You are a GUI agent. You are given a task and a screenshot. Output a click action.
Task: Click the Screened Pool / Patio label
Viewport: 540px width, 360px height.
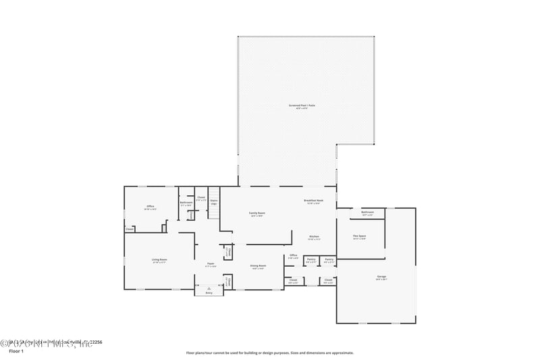click(x=302, y=105)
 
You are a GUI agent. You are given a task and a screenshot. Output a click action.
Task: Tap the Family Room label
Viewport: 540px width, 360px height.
click(x=257, y=213)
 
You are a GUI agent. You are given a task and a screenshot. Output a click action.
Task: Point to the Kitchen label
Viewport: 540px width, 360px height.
click(x=315, y=236)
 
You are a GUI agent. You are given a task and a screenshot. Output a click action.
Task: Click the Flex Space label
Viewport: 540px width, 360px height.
click(x=359, y=236)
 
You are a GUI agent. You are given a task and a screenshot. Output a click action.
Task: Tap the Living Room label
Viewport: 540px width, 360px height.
click(x=159, y=259)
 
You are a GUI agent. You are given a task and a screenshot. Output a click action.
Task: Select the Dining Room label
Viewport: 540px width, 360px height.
click(x=258, y=266)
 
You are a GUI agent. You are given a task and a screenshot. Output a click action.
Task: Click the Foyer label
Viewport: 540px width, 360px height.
click(x=211, y=264)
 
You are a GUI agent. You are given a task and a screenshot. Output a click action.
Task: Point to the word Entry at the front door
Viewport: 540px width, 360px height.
click(x=209, y=293)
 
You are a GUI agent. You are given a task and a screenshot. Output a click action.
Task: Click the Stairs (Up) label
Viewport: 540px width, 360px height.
click(x=213, y=201)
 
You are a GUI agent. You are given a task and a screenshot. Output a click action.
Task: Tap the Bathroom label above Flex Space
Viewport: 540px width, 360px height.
click(x=367, y=212)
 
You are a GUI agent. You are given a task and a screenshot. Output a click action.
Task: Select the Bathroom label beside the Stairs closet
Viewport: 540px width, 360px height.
click(x=186, y=203)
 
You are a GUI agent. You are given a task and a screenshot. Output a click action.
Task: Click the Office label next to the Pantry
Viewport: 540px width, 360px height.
click(x=293, y=255)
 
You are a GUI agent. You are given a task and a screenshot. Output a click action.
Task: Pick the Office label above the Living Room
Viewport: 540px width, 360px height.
click(x=151, y=207)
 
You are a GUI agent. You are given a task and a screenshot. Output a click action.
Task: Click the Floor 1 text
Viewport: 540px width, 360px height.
click(x=16, y=351)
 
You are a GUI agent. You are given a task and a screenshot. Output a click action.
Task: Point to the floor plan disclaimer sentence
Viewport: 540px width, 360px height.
click(x=269, y=353)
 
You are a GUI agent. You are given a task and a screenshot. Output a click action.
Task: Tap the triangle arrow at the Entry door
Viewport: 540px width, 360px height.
click(x=209, y=288)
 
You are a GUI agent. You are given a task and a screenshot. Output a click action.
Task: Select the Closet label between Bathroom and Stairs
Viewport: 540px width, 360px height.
click(x=201, y=198)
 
